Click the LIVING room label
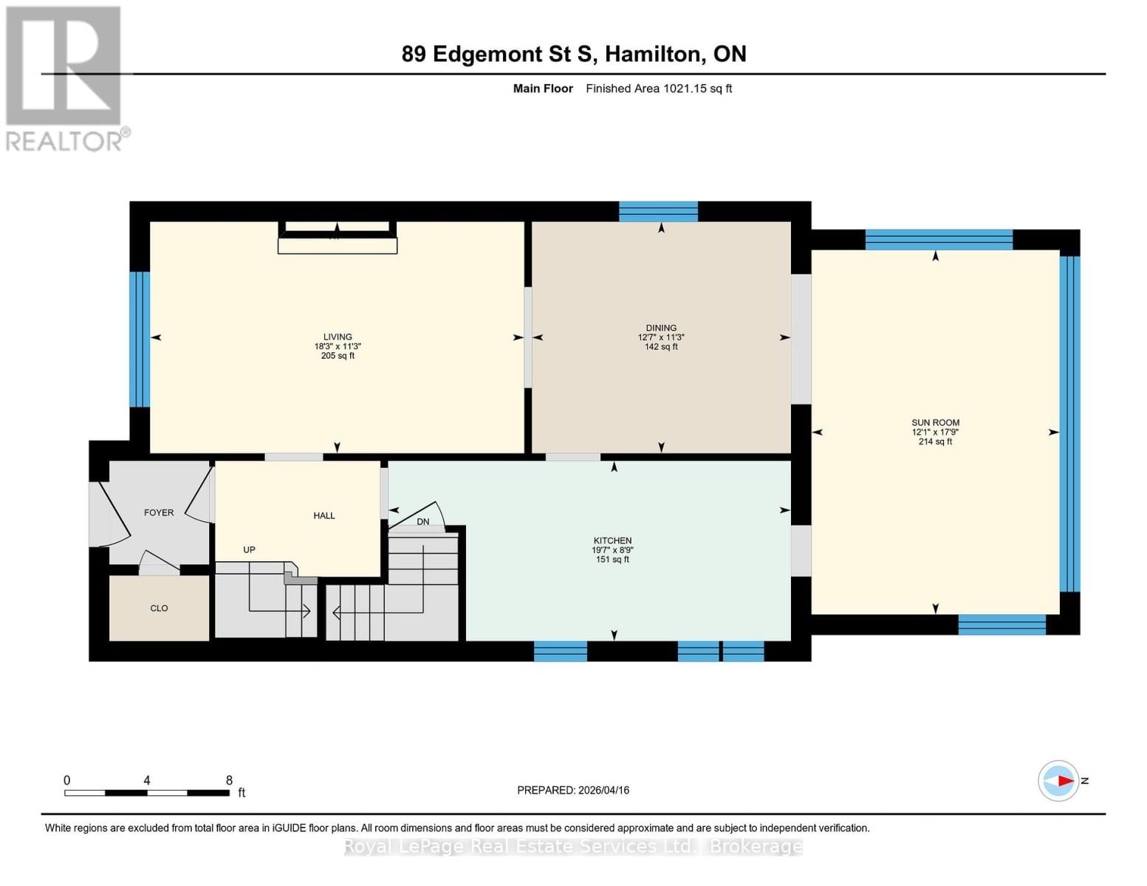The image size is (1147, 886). (x=338, y=337)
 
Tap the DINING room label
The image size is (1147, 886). (x=661, y=328)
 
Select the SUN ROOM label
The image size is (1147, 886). (x=935, y=423)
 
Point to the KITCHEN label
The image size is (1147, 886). (x=612, y=540)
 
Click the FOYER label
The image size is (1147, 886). (x=159, y=512)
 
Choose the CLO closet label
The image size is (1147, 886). (x=159, y=608)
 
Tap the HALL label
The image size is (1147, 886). (x=324, y=516)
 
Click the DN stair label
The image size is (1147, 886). (x=423, y=522)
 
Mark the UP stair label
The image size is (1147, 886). (x=250, y=550)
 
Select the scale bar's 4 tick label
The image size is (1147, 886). (x=147, y=780)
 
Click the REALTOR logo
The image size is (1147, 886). (x=65, y=78)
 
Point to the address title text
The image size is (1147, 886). (x=574, y=54)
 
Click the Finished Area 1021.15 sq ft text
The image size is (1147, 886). (x=659, y=89)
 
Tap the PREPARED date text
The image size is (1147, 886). (x=573, y=790)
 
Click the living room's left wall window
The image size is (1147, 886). (x=140, y=340)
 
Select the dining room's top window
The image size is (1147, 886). (x=658, y=212)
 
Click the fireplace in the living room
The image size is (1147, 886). (x=338, y=238)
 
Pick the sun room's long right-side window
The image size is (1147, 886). (x=1069, y=424)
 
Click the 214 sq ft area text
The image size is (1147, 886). (x=935, y=442)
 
